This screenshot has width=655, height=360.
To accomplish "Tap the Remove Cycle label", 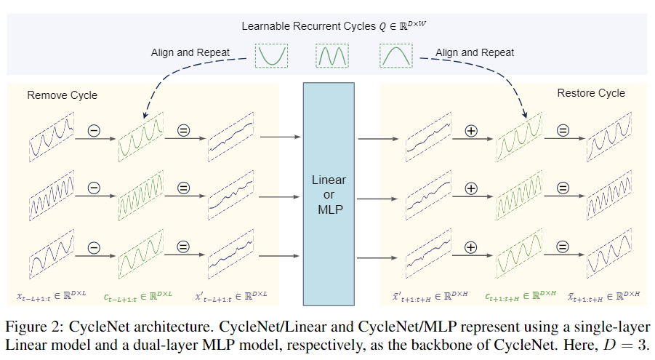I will (x=62, y=95).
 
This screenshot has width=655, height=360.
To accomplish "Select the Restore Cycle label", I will (x=591, y=93).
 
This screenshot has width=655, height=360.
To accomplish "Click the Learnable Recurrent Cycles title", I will (x=327, y=27).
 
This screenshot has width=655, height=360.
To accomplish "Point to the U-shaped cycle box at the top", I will (x=272, y=55).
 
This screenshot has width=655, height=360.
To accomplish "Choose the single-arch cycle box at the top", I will (x=395, y=55).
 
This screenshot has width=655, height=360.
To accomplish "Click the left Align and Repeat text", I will (x=190, y=52).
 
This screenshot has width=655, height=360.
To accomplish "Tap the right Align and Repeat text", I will (x=475, y=52).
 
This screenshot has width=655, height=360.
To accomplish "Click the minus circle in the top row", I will (x=94, y=131).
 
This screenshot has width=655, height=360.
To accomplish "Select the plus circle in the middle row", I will (x=470, y=188).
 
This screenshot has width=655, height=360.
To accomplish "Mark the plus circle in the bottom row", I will (x=470, y=247).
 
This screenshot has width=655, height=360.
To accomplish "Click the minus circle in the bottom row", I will (x=94, y=247).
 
